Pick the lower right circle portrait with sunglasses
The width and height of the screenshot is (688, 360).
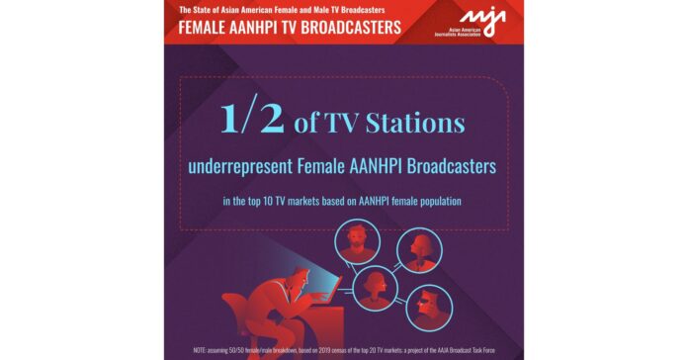point(429,308)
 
